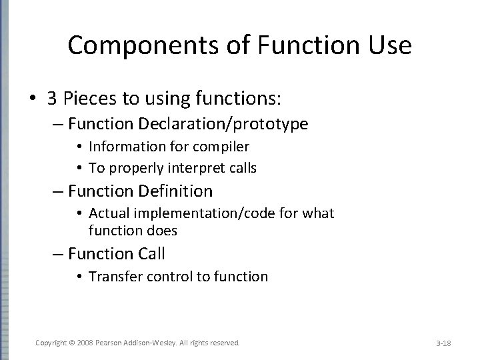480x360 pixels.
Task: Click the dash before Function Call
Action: [59, 254]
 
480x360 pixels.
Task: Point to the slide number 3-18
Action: [443, 343]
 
